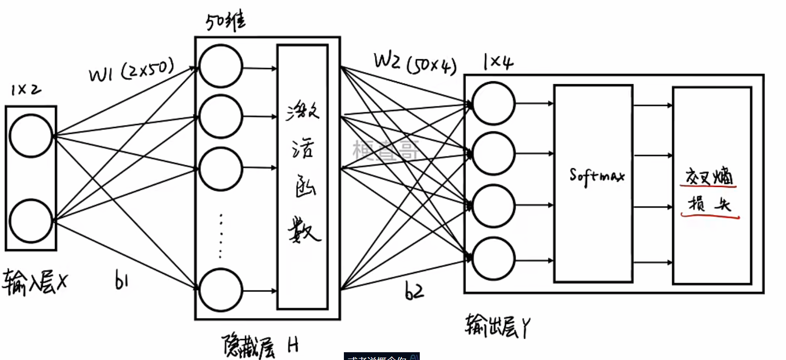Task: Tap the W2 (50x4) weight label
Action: click(415, 63)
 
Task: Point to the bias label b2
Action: click(414, 290)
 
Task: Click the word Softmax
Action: click(596, 176)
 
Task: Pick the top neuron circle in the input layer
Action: click(31, 136)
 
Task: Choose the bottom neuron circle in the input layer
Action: click(31, 220)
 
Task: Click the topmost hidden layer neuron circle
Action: click(221, 67)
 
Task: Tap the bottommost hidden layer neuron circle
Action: click(221, 290)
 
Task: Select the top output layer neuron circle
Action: click(493, 104)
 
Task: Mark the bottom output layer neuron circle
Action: click(493, 259)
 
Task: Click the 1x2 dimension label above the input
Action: click(26, 90)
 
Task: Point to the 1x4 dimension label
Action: click(498, 62)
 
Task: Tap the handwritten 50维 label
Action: click(225, 21)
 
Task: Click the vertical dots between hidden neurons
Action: click(221, 235)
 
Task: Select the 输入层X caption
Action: click(35, 283)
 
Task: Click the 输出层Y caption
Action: click(497, 326)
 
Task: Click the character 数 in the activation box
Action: click(304, 230)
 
